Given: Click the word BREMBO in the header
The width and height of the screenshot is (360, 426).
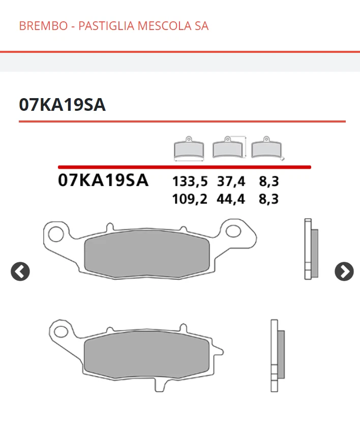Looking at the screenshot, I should (x=43, y=26).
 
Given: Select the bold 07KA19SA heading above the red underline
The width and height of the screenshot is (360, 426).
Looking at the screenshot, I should (x=62, y=105).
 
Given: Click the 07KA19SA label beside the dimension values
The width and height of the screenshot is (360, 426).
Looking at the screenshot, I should (x=103, y=180).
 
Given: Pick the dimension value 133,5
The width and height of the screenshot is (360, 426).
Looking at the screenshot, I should (x=190, y=181).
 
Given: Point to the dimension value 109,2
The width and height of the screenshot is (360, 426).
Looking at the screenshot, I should (x=190, y=199).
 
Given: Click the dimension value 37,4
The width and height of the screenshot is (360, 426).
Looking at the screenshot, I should (x=231, y=181).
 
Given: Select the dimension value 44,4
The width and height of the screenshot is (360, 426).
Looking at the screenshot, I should (x=231, y=199).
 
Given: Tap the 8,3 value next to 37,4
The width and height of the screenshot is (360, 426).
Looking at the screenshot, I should (x=268, y=181).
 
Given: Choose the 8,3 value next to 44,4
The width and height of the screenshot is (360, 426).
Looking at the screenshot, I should (x=268, y=199).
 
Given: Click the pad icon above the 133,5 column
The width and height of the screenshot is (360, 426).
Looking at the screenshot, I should (x=189, y=148).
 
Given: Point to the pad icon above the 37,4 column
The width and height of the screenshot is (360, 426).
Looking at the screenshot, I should (x=228, y=147).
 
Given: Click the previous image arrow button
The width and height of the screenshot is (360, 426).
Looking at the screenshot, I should (x=20, y=272).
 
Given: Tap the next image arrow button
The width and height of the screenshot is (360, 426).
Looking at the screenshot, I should (x=344, y=272).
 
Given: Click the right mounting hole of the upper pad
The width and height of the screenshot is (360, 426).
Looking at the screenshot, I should (x=233, y=231).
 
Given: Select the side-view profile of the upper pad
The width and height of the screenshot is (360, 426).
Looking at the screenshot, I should (x=311, y=249).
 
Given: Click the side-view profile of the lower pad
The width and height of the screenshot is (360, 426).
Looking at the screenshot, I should (x=277, y=355).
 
